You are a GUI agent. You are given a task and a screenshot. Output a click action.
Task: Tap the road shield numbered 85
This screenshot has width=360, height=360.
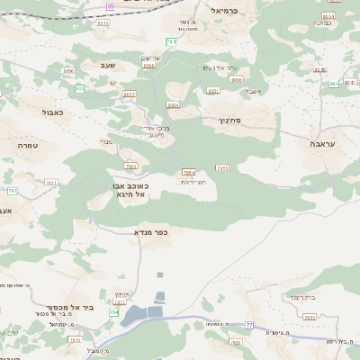tap(110, 6)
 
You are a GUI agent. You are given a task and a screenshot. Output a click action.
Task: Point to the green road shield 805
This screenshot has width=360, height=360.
tap(79, 87)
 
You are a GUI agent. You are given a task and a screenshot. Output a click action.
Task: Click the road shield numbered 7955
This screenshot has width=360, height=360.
tap(221, 167)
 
